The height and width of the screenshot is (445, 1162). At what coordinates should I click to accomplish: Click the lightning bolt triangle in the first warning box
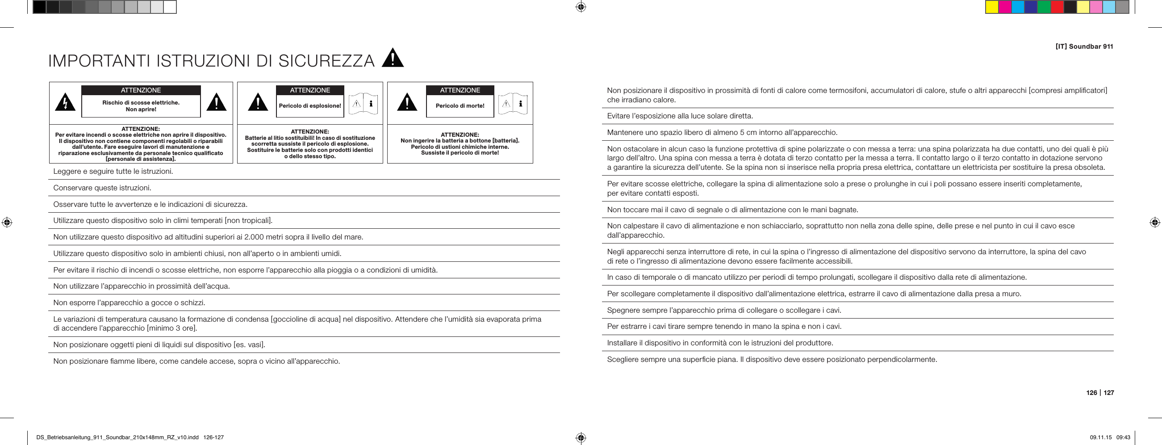[x=65, y=103]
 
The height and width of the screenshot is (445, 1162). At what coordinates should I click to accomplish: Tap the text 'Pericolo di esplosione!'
[x=310, y=106]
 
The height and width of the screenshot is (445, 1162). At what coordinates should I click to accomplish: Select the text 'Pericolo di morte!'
[x=460, y=106]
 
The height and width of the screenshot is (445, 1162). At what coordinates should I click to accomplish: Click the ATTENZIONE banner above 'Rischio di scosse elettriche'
[x=141, y=90]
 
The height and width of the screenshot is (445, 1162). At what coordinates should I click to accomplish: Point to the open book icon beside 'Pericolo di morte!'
[x=513, y=104]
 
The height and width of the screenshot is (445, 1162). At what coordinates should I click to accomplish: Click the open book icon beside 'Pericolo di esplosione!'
[x=363, y=104]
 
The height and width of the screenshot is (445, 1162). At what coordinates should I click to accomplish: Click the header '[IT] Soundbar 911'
[x=1084, y=46]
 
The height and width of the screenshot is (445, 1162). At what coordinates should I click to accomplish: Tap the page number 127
[x=1109, y=393]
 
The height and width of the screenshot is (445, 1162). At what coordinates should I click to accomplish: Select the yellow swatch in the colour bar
[x=991, y=7]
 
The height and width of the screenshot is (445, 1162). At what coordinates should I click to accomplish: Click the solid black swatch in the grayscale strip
[x=39, y=7]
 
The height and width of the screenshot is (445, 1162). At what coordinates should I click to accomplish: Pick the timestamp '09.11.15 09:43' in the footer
[x=1110, y=437]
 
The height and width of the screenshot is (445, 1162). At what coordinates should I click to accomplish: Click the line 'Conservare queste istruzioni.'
[x=102, y=188]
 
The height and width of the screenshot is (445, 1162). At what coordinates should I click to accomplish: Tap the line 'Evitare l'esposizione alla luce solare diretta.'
[x=680, y=116]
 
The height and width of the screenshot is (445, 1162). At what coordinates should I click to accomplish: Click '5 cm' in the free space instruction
[x=749, y=133]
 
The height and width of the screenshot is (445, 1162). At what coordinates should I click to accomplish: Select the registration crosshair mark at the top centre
[x=581, y=7]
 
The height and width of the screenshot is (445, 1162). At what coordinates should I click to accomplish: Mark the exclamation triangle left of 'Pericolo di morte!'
[x=407, y=102]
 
